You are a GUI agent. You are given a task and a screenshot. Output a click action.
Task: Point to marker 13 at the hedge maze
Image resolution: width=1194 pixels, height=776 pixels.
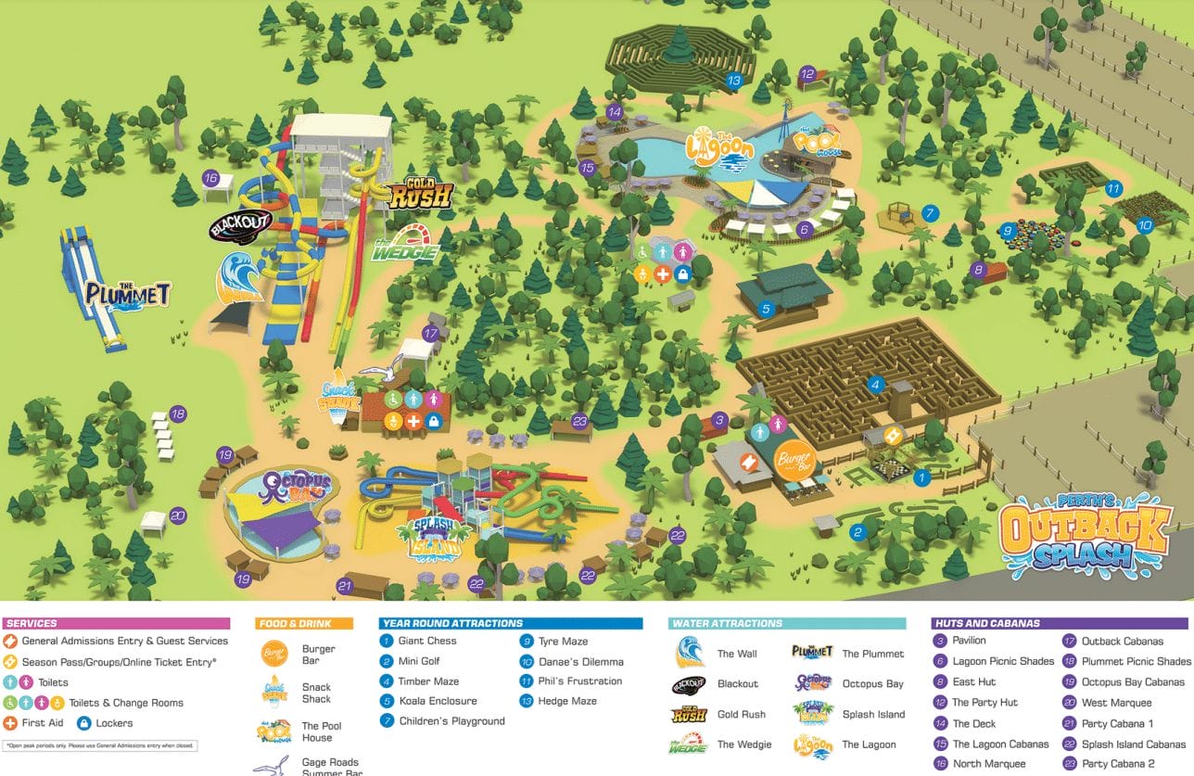(x=734, y=81)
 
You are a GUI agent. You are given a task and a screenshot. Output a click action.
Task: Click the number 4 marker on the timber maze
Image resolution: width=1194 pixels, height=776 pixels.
(x=875, y=384)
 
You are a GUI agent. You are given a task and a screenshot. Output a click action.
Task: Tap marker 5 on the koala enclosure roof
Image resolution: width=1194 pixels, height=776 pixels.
(x=766, y=310)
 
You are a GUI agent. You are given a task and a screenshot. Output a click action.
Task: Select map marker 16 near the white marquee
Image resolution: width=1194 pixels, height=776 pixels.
(x=210, y=178)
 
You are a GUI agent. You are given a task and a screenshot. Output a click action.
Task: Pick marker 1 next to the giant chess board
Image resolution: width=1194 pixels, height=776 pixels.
(x=921, y=478)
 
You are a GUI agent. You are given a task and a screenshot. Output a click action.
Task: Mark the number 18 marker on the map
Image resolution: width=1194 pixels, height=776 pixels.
(x=178, y=414)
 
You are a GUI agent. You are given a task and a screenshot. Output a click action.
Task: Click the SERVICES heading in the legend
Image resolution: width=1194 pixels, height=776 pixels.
(x=32, y=624)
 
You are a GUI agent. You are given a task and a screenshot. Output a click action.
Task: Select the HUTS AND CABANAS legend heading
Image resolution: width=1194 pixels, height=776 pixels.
(x=987, y=624)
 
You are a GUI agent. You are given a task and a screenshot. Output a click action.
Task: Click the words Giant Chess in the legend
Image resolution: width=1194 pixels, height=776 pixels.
(x=427, y=641)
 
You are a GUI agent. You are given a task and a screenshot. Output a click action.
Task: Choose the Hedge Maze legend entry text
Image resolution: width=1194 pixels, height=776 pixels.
(x=567, y=701)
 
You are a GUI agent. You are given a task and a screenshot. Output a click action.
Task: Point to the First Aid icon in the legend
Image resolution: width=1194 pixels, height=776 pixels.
(x=11, y=723)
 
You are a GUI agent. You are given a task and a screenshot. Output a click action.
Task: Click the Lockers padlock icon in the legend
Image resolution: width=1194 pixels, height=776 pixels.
(x=83, y=723)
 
